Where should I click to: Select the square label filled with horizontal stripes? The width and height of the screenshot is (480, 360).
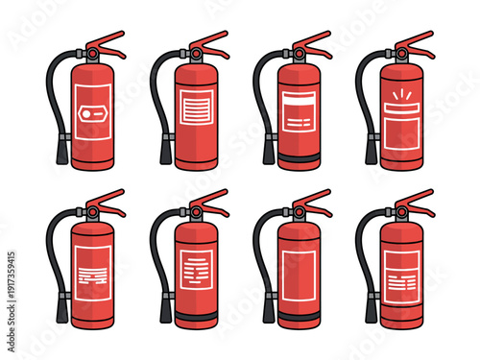[198, 108]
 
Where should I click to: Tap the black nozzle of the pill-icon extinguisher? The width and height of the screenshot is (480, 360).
[61, 153]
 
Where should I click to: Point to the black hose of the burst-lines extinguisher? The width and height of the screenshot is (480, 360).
[362, 96]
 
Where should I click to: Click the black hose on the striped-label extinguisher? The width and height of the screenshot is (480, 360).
[156, 96]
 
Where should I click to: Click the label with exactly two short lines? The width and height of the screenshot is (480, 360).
[299, 122]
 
